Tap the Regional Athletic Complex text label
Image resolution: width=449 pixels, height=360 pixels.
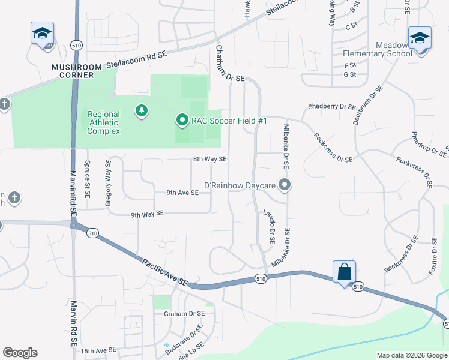pyautogui.click(x=103, y=122)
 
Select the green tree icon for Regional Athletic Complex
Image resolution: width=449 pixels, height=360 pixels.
pyautogui.click(x=141, y=110)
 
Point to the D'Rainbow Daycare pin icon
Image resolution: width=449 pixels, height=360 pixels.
pyautogui.click(x=285, y=185)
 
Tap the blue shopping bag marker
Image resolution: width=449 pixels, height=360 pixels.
pyautogui.click(x=345, y=272)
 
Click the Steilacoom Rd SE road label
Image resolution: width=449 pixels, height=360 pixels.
pyautogui.click(x=136, y=61)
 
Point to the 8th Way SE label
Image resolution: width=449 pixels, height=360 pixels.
pyautogui.click(x=209, y=159)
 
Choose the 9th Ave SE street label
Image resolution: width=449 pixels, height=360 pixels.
pyautogui.click(x=182, y=193)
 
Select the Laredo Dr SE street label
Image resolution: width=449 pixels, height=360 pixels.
pyautogui.click(x=268, y=226)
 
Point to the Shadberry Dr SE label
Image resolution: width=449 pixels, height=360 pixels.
pyautogui.click(x=331, y=106)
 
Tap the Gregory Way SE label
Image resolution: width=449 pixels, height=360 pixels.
pyautogui.click(x=109, y=183)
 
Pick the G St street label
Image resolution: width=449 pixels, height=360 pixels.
pyautogui.click(x=349, y=74)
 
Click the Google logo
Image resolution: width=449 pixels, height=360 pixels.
pyautogui.click(x=20, y=353)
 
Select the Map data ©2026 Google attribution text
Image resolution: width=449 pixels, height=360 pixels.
pyautogui.click(x=411, y=355)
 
